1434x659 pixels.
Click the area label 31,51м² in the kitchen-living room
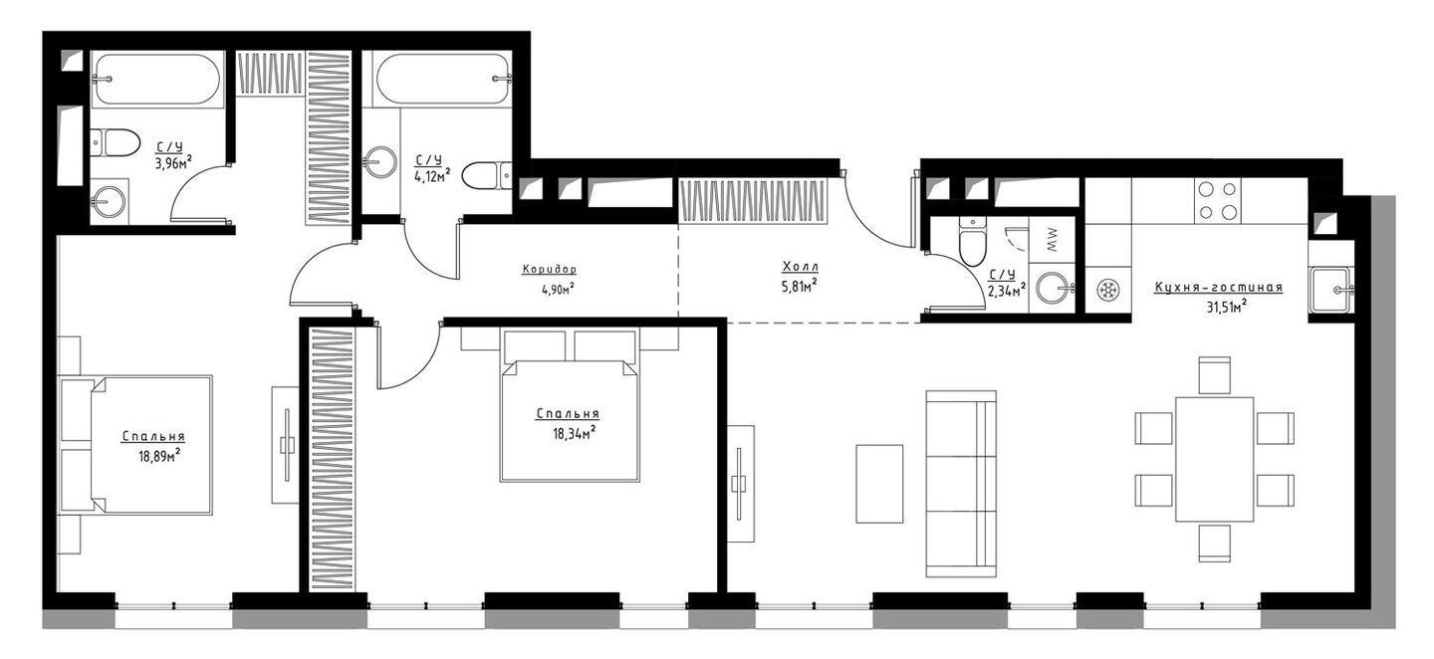pos(1226,307)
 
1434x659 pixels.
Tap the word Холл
pos(801,266)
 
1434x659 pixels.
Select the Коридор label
pos(550,270)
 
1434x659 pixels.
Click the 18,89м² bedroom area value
pos(158,455)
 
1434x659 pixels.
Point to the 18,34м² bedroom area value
pos(575,434)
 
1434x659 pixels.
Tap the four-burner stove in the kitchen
pos(1217,200)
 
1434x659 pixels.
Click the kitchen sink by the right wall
pos(1331,290)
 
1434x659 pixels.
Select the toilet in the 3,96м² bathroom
pos(116,142)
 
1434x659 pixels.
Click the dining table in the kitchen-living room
pos(1215,459)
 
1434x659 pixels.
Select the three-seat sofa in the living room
pos(961,484)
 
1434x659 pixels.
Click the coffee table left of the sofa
pos(879,483)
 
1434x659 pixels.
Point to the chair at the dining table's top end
pos(1215,375)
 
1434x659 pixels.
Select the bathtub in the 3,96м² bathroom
pos(157,79)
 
